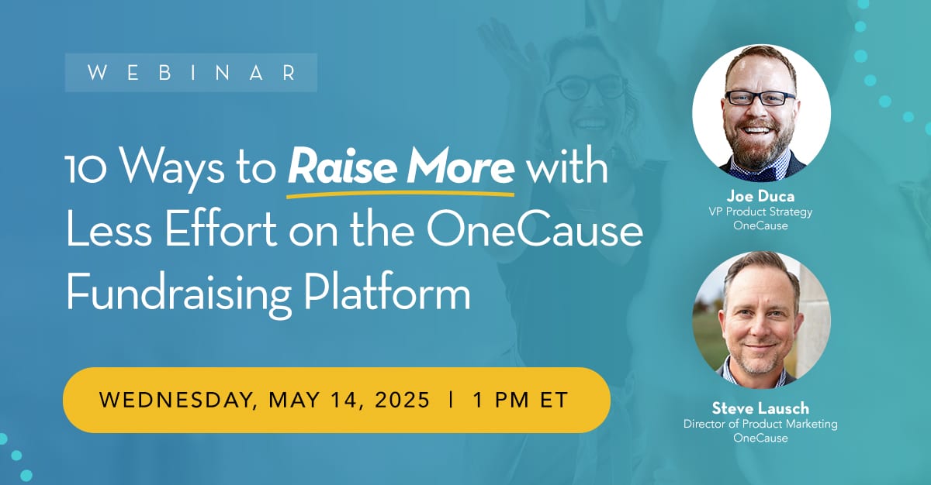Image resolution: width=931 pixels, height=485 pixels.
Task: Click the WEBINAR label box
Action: (x=191, y=73)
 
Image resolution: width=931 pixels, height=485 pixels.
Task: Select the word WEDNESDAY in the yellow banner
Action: (x=180, y=400)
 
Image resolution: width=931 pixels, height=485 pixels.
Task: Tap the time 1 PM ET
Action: (x=521, y=400)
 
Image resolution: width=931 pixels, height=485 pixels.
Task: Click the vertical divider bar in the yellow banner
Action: (x=451, y=400)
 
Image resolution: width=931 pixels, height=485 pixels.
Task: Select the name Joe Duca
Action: (x=760, y=197)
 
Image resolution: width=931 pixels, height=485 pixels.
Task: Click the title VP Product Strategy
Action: (x=760, y=212)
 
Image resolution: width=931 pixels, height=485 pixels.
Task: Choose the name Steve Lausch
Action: (x=760, y=408)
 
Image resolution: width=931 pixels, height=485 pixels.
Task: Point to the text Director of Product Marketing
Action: (x=760, y=424)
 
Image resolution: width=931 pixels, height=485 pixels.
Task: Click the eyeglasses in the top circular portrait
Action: (x=760, y=98)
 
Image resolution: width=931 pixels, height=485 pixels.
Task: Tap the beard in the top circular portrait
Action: (x=760, y=147)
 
